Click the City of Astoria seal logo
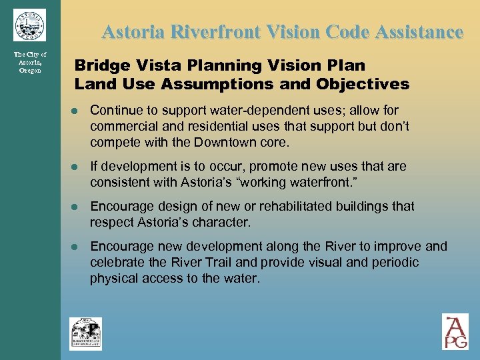pyautogui.click(x=29, y=25)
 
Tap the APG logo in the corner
pyautogui.click(x=455, y=331)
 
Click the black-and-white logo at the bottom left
pyautogui.click(x=86, y=333)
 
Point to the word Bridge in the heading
pyautogui.click(x=97, y=65)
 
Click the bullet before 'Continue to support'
pyautogui.click(x=79, y=111)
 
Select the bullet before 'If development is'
pyautogui.click(x=79, y=167)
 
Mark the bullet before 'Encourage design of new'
pyautogui.click(x=79, y=207)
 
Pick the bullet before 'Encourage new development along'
pyautogui.click(x=79, y=247)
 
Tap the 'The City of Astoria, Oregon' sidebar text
pyautogui.click(x=30, y=62)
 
